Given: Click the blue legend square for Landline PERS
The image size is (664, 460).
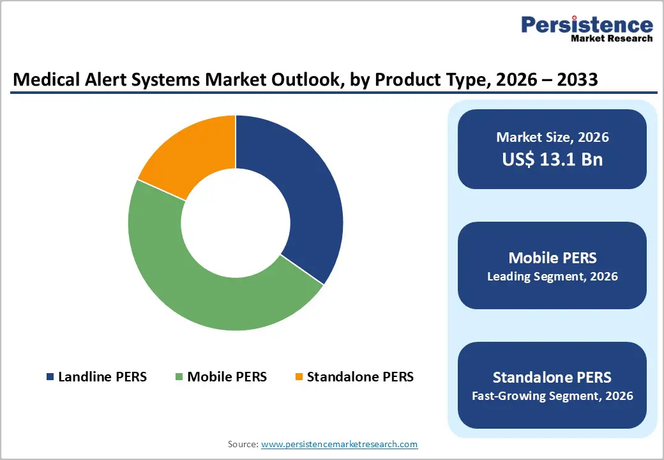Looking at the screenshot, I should (50, 377).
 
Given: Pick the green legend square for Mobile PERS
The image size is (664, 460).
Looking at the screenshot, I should (179, 377).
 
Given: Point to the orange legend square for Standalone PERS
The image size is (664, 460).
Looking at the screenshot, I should (298, 377).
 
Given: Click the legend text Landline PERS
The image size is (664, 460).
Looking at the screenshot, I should (102, 377).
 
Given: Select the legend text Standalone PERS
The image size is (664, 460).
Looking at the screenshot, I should (360, 377).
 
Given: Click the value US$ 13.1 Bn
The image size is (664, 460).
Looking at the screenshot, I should (552, 159).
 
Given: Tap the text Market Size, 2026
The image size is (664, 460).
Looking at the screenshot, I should (552, 137).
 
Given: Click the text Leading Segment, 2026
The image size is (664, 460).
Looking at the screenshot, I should (552, 277).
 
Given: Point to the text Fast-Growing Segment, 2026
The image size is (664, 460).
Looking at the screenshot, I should (552, 396).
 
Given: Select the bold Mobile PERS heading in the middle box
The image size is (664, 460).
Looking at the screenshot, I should (552, 257).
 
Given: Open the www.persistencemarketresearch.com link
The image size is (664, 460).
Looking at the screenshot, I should (339, 444).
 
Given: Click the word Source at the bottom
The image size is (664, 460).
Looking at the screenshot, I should (243, 444).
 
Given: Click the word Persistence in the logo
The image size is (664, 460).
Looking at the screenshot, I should (587, 25).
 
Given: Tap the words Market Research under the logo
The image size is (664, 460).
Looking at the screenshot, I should (612, 38).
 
